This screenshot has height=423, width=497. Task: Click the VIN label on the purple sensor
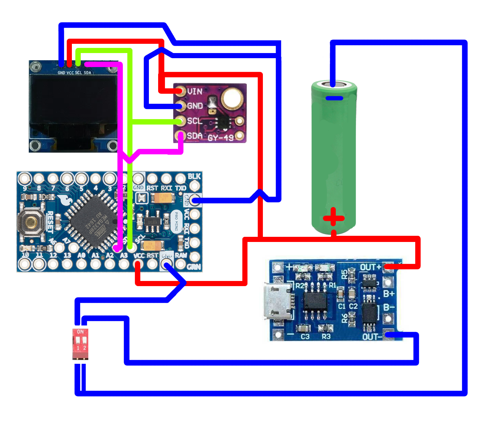point(195,91)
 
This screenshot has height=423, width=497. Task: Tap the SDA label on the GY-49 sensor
point(195,136)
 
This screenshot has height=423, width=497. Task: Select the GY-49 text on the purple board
point(220,138)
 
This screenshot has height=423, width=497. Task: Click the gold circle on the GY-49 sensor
point(232,98)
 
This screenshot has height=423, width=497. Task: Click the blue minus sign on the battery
point(334,98)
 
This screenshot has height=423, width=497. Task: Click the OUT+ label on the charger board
point(370,267)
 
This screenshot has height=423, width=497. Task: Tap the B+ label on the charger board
point(389,294)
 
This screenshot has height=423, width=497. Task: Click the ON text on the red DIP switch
point(80,332)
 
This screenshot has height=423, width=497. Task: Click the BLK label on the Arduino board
point(194,176)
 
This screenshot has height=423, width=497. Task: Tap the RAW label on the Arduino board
point(181,255)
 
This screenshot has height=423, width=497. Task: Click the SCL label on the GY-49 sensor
point(194,121)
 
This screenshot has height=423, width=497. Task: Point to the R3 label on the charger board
point(326,337)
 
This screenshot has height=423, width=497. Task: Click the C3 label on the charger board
point(305,337)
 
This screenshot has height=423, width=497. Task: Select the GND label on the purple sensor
point(195,106)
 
